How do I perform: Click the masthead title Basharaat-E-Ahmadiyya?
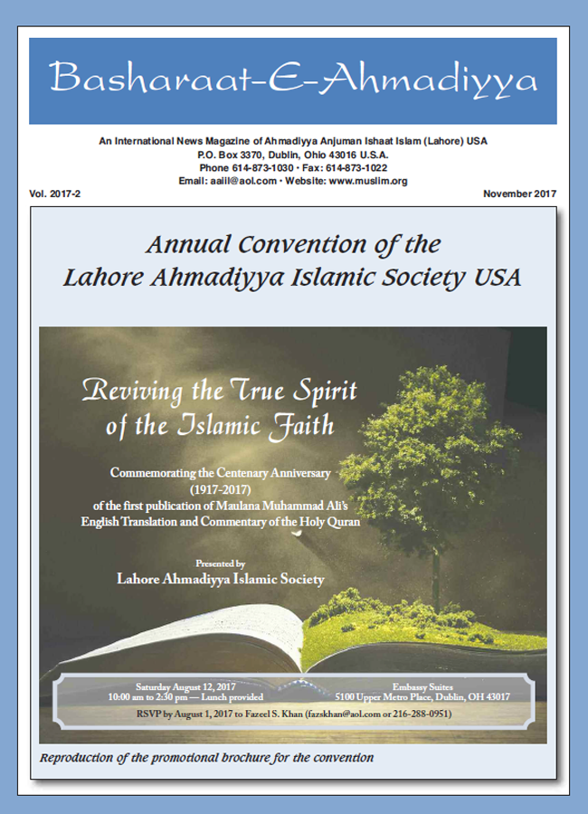[293, 80]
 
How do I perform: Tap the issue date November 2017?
[519, 194]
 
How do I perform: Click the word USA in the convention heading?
[498, 277]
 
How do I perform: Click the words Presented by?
[221, 563]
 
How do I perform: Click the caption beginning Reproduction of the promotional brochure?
[207, 756]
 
